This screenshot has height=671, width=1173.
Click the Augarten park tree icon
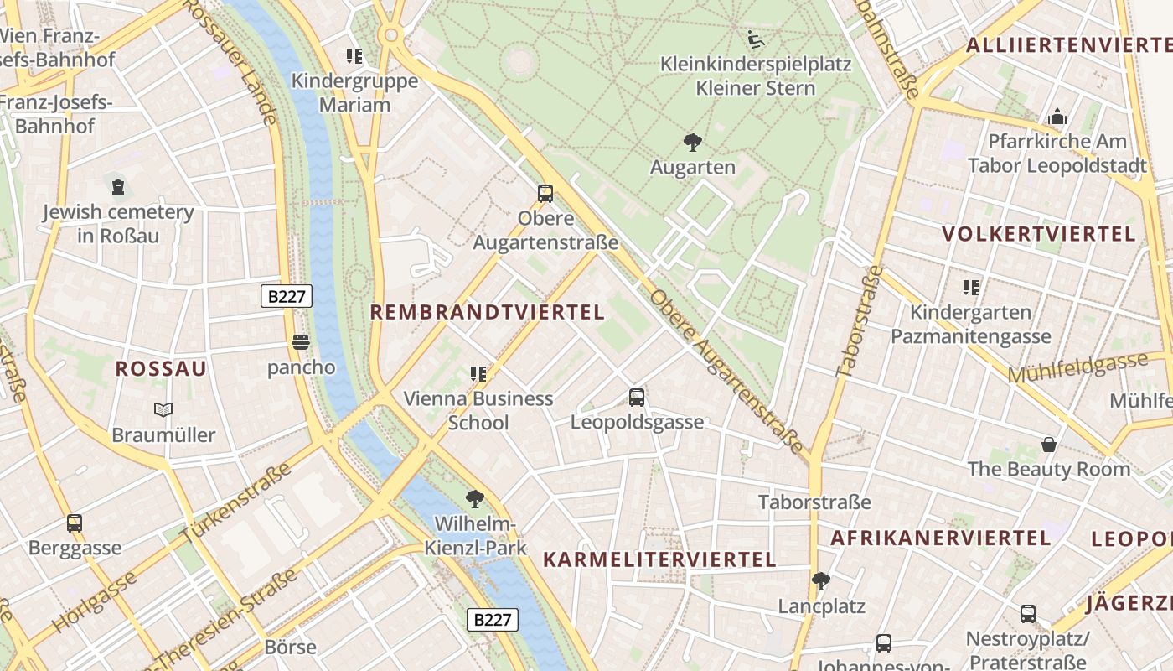692,143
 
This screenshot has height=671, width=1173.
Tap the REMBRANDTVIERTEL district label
487,313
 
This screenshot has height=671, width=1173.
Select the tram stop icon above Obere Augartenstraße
545,194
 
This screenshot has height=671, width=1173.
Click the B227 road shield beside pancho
286,296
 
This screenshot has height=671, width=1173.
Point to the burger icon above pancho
301,342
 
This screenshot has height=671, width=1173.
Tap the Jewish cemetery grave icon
118,186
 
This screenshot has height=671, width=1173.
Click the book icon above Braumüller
163,409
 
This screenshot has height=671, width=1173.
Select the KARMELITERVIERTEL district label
659,559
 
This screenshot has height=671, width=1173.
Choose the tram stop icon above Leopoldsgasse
637,398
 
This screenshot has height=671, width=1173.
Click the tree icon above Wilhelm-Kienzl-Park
475,500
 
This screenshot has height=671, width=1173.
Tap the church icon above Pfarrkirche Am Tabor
1057,117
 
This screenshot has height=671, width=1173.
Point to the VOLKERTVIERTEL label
1038,234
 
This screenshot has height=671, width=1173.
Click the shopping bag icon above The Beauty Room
1049,444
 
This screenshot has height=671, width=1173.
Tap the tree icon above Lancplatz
821,580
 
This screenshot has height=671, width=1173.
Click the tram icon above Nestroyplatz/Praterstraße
1028,614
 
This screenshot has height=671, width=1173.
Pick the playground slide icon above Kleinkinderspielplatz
756,39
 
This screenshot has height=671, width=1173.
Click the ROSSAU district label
161,369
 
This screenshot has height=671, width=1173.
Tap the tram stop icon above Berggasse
75,523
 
